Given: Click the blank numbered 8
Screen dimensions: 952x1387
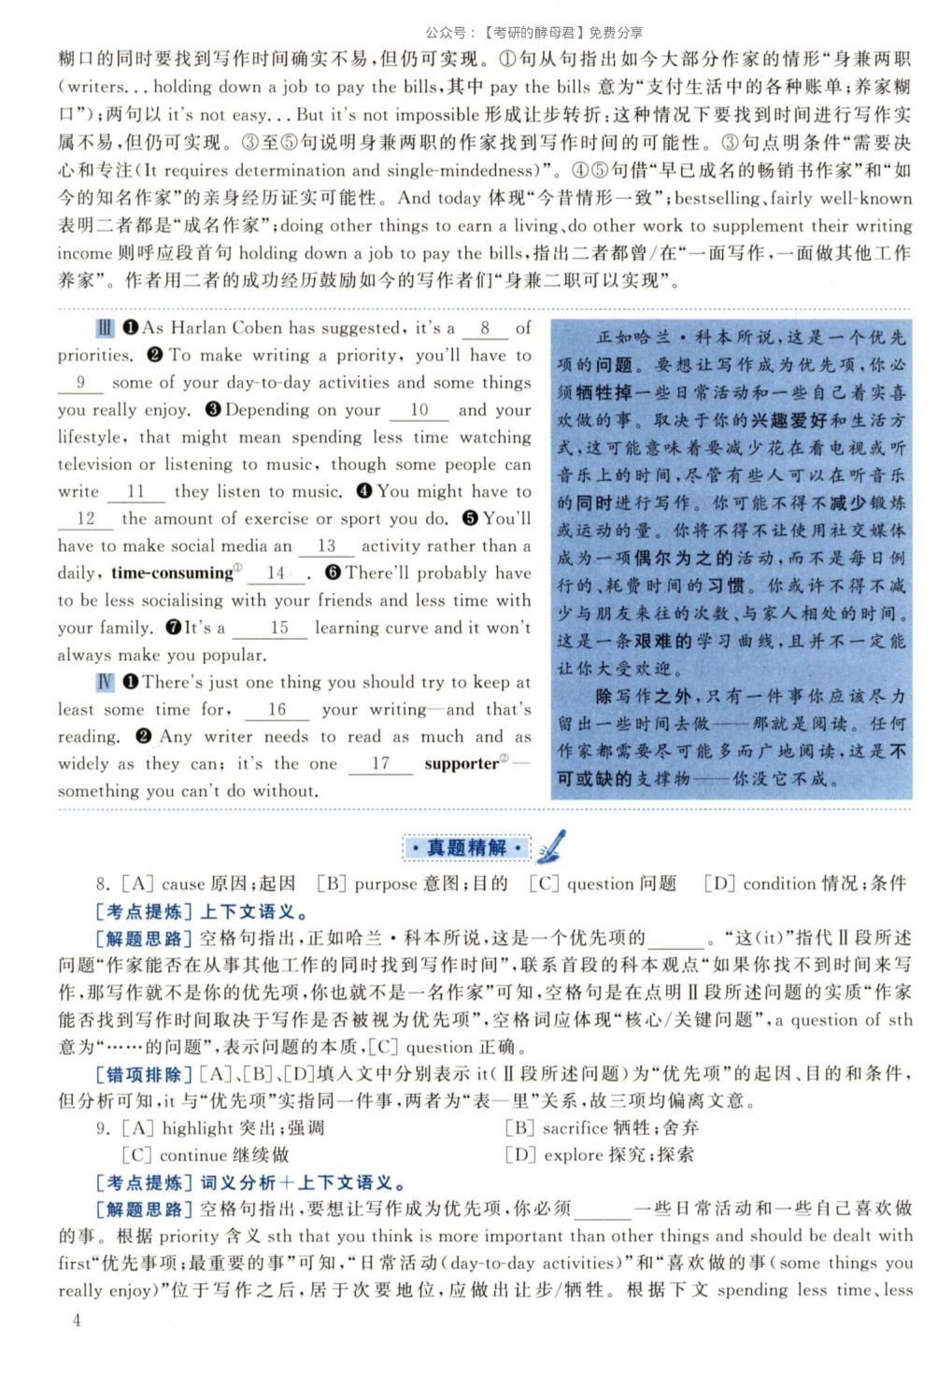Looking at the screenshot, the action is [x=485, y=329].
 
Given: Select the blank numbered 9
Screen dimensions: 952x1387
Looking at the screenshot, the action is [x=80, y=383].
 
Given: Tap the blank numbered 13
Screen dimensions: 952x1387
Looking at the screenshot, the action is [x=326, y=546].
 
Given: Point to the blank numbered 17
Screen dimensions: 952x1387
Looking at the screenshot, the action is [x=380, y=764].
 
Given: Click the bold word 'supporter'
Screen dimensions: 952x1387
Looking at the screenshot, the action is [x=462, y=764].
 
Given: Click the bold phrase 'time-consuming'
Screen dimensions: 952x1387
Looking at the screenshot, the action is [x=172, y=573].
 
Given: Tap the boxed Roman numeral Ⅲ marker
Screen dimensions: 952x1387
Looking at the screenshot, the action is [x=105, y=329].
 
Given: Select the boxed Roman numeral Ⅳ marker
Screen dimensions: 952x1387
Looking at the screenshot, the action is [x=105, y=683].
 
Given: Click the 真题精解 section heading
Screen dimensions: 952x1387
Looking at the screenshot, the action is [x=466, y=848].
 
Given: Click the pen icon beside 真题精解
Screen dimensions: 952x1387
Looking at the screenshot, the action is [x=551, y=846].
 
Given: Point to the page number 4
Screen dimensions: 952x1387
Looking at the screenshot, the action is [x=77, y=1320].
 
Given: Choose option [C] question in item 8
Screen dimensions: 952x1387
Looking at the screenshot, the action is [x=603, y=884].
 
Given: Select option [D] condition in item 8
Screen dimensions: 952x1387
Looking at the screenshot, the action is [x=804, y=884].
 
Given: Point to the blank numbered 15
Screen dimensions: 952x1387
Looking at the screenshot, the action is [x=278, y=629].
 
